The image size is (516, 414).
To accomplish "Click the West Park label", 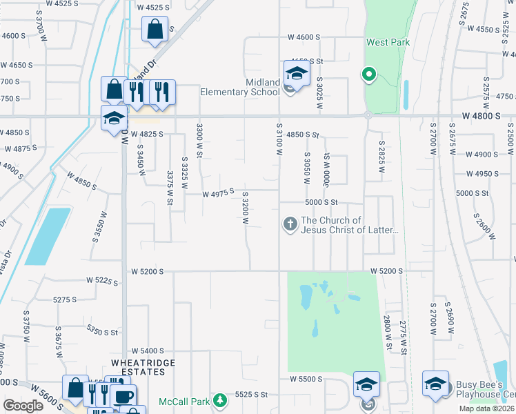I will click(388, 42).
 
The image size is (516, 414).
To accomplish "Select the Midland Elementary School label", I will click(240, 87).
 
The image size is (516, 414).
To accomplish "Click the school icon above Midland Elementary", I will click(297, 72).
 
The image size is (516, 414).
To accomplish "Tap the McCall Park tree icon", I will click(219, 400).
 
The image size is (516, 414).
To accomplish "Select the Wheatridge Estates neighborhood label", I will click(143, 367).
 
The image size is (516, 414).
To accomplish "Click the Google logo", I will click(23, 406).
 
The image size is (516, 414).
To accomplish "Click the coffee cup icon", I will click(124, 397).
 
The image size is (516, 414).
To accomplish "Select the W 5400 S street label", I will click(147, 351).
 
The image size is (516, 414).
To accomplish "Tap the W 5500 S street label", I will click(306, 379).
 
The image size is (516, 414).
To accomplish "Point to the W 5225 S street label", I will click(103, 280).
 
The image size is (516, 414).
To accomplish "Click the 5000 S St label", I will click(321, 202).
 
